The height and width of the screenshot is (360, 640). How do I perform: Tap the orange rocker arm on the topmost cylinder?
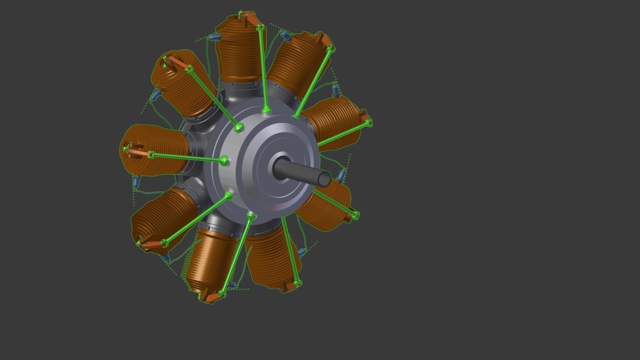(x=250, y=19)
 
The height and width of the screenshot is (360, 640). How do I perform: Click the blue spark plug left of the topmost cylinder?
(x=215, y=37)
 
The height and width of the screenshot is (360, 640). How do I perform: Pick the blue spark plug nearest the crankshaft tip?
(x=341, y=176)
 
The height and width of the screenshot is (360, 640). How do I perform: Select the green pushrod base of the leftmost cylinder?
(x=223, y=160)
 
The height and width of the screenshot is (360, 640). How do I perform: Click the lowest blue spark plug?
(x=232, y=285)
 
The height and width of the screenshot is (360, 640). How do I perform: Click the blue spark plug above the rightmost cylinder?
(x=336, y=90)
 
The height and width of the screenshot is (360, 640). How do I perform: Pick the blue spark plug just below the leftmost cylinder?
(x=136, y=181)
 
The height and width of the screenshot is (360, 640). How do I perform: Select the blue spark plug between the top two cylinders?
(x=286, y=36)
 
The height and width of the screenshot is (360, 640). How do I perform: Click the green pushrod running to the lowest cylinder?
(x=236, y=255)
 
